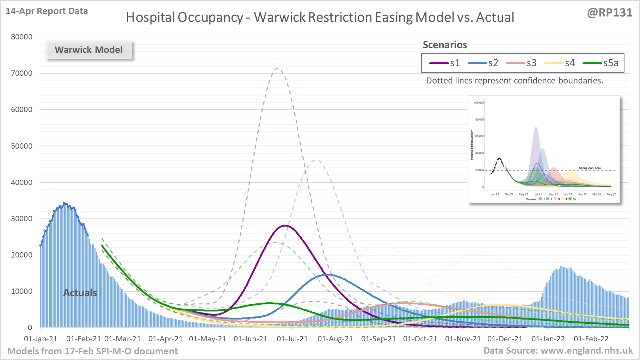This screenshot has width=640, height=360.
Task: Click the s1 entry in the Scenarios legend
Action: pos(445,63)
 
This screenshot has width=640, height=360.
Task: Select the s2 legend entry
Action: pos(483,63)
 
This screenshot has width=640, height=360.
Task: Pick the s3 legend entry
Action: pos(522,63)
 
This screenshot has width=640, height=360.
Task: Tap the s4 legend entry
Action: pos(560,63)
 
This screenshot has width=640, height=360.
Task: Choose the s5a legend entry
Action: pos(601,63)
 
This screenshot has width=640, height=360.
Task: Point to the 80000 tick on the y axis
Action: pos(21,37)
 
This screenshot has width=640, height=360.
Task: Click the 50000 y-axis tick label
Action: pos(21,146)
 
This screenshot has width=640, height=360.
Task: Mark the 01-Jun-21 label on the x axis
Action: pos(250,339)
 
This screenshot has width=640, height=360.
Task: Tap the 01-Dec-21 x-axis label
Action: pos(505,339)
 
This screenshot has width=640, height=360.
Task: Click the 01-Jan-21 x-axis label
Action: pos(41,339)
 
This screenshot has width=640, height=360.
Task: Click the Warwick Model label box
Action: pos(89,50)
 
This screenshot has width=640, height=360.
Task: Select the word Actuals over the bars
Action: pos(80,293)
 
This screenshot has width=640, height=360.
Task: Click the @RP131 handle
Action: pos(609,13)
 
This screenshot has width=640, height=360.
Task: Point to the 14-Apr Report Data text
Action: pos(47,11)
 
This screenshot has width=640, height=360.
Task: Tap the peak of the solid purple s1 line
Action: pos(285,225)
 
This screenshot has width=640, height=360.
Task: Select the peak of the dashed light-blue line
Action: pos(316,161)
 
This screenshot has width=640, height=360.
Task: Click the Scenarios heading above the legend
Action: pos(445,45)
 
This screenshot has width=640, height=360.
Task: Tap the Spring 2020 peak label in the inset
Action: pos(590,168)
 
